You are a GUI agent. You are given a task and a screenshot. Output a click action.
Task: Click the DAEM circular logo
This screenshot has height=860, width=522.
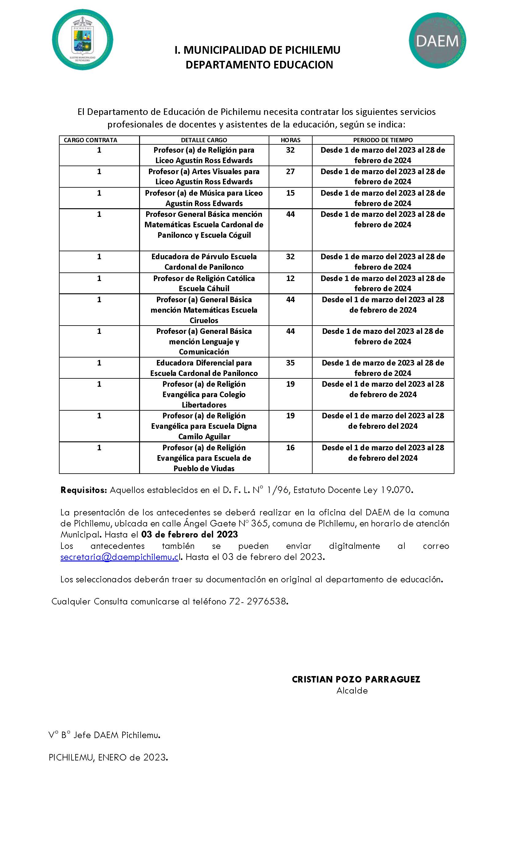click(x=437, y=41)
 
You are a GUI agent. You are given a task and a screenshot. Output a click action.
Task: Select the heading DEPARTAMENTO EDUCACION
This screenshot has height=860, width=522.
click(x=259, y=65)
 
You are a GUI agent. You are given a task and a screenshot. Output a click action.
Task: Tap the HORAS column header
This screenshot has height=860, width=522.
click(x=290, y=140)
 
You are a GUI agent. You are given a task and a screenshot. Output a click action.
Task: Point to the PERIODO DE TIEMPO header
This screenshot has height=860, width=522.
click(x=383, y=140)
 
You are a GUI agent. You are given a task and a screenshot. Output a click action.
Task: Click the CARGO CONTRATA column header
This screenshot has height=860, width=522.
click(x=90, y=140)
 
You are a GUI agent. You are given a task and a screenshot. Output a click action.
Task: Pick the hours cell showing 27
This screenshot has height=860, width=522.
click(x=290, y=172)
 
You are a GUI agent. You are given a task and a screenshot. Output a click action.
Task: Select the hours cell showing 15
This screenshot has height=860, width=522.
click(x=290, y=193)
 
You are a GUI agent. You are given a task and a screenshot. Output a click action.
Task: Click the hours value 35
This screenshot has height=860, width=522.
click(x=290, y=363)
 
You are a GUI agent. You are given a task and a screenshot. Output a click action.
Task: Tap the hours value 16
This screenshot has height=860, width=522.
click(x=290, y=448)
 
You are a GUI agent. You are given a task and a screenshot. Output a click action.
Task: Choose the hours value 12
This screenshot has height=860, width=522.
click(x=290, y=279)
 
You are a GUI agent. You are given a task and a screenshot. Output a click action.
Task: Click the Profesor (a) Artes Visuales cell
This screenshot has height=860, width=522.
click(x=204, y=177)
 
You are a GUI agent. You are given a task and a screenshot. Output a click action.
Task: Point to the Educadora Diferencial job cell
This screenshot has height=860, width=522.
click(x=204, y=368)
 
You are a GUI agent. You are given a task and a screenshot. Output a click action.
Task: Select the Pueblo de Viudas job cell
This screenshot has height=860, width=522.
click(x=204, y=458)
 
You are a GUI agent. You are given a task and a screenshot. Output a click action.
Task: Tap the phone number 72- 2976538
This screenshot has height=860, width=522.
click(x=258, y=602)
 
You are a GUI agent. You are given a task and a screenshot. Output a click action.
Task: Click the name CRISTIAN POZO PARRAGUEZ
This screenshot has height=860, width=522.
click(x=356, y=679)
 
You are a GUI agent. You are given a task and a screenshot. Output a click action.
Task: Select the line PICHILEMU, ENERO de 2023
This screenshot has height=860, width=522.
click(x=108, y=757)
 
